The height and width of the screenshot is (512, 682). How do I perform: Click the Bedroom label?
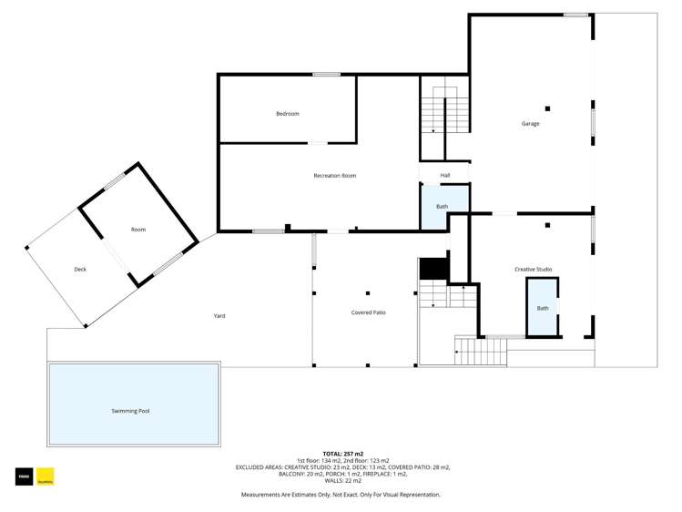pos(288,114)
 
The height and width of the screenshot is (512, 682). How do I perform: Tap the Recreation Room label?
pos(334,175)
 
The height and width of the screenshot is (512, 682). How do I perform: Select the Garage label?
pos(530,124)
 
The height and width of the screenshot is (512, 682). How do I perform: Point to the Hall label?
pos(445,175)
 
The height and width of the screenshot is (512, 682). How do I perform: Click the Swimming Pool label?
pos(130,411)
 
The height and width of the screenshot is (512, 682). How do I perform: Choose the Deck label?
pos(80,270)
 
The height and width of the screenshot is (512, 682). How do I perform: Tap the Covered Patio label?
pos(368,312)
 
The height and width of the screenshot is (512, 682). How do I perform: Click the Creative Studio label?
pos(533,270)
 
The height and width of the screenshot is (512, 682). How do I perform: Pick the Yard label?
pos(219,316)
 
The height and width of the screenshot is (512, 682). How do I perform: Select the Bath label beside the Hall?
pos(442,207)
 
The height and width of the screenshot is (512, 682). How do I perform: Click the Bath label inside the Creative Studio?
pos(543,309)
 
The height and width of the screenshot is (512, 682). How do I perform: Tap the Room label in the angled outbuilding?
pos(138,230)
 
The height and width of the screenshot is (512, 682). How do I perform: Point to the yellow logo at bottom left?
pos(45,476)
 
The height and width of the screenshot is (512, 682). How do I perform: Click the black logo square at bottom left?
pos(23,476)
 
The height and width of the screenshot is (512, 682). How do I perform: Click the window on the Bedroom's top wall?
pos(326,75)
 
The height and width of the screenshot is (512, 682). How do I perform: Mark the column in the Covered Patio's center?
pos(368,293)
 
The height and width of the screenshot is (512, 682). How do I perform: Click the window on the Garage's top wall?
pos(575,15)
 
